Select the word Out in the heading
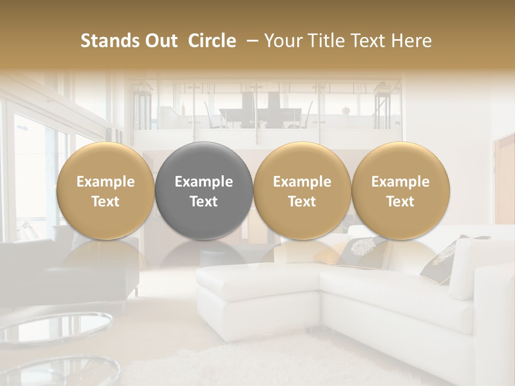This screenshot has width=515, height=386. pos(160,41)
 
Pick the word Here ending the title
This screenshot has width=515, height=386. pos(411,41)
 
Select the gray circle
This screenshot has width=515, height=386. pos(204,190)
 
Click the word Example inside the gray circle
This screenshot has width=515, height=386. pos(204,182)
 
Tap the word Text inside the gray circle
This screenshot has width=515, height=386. pos(204,202)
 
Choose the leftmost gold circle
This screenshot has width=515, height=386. pos(106,190)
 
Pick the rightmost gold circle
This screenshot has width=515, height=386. pos(401,190)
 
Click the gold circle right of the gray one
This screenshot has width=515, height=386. pos(302,190)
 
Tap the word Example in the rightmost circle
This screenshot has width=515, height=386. pos(401,182)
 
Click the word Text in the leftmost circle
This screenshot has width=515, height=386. pos(106,202)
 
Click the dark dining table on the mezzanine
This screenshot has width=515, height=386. pos(257,114)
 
